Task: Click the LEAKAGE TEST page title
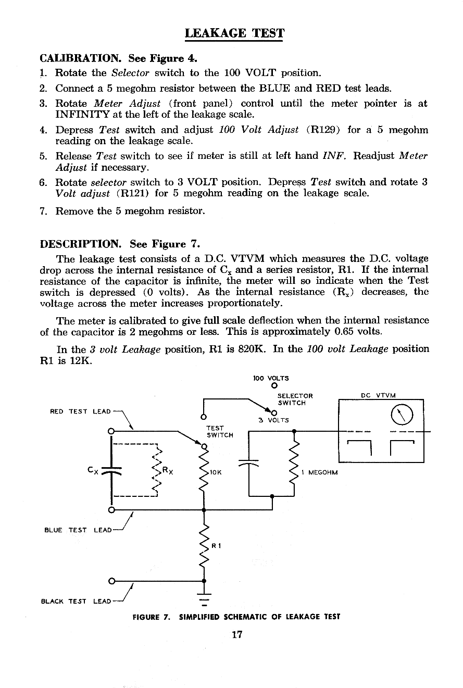235,34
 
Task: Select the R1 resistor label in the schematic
216,546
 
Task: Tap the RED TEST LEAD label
80,411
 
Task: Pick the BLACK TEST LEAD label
76,602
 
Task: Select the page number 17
236,634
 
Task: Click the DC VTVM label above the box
379,395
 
